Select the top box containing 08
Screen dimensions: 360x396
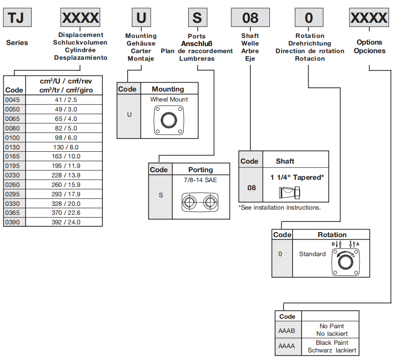coord(250,18)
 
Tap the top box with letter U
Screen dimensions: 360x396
coord(141,18)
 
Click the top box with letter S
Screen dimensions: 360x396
coord(197,18)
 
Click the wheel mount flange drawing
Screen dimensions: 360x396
coord(168,120)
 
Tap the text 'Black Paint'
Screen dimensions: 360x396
coord(332,343)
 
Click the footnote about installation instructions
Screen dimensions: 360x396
coord(279,207)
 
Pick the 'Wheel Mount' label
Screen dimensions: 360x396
coord(169,100)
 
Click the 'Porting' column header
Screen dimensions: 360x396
coord(201,170)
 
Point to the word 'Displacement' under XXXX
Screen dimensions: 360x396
coord(81,35)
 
